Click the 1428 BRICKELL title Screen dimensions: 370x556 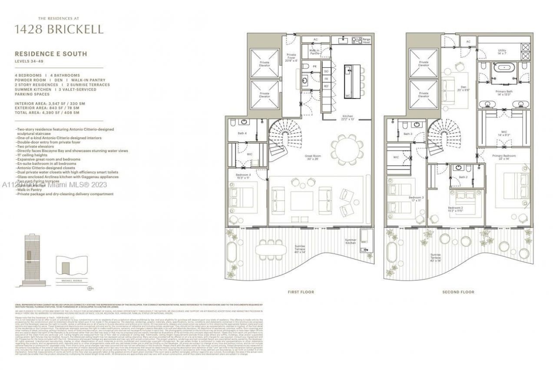pyautogui.click(x=59, y=29)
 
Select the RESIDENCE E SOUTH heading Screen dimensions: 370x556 pyautogui.click(x=51, y=54)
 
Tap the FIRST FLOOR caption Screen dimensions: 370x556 pyautogui.click(x=301, y=292)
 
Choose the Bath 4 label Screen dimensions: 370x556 pyautogui.click(x=242, y=133)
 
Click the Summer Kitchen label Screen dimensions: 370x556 pyautogui.click(x=351, y=241)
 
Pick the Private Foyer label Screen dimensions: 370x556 pyautogui.click(x=291, y=57)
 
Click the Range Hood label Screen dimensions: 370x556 pyautogui.click(x=367, y=40)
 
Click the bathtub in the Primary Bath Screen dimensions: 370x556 pyautogui.click(x=504, y=68)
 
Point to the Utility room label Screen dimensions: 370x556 pyautogui.click(x=502, y=52)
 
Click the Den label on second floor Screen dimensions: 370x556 pyautogui.click(x=463, y=88)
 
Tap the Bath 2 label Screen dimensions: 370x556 pyautogui.click(x=463, y=177)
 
